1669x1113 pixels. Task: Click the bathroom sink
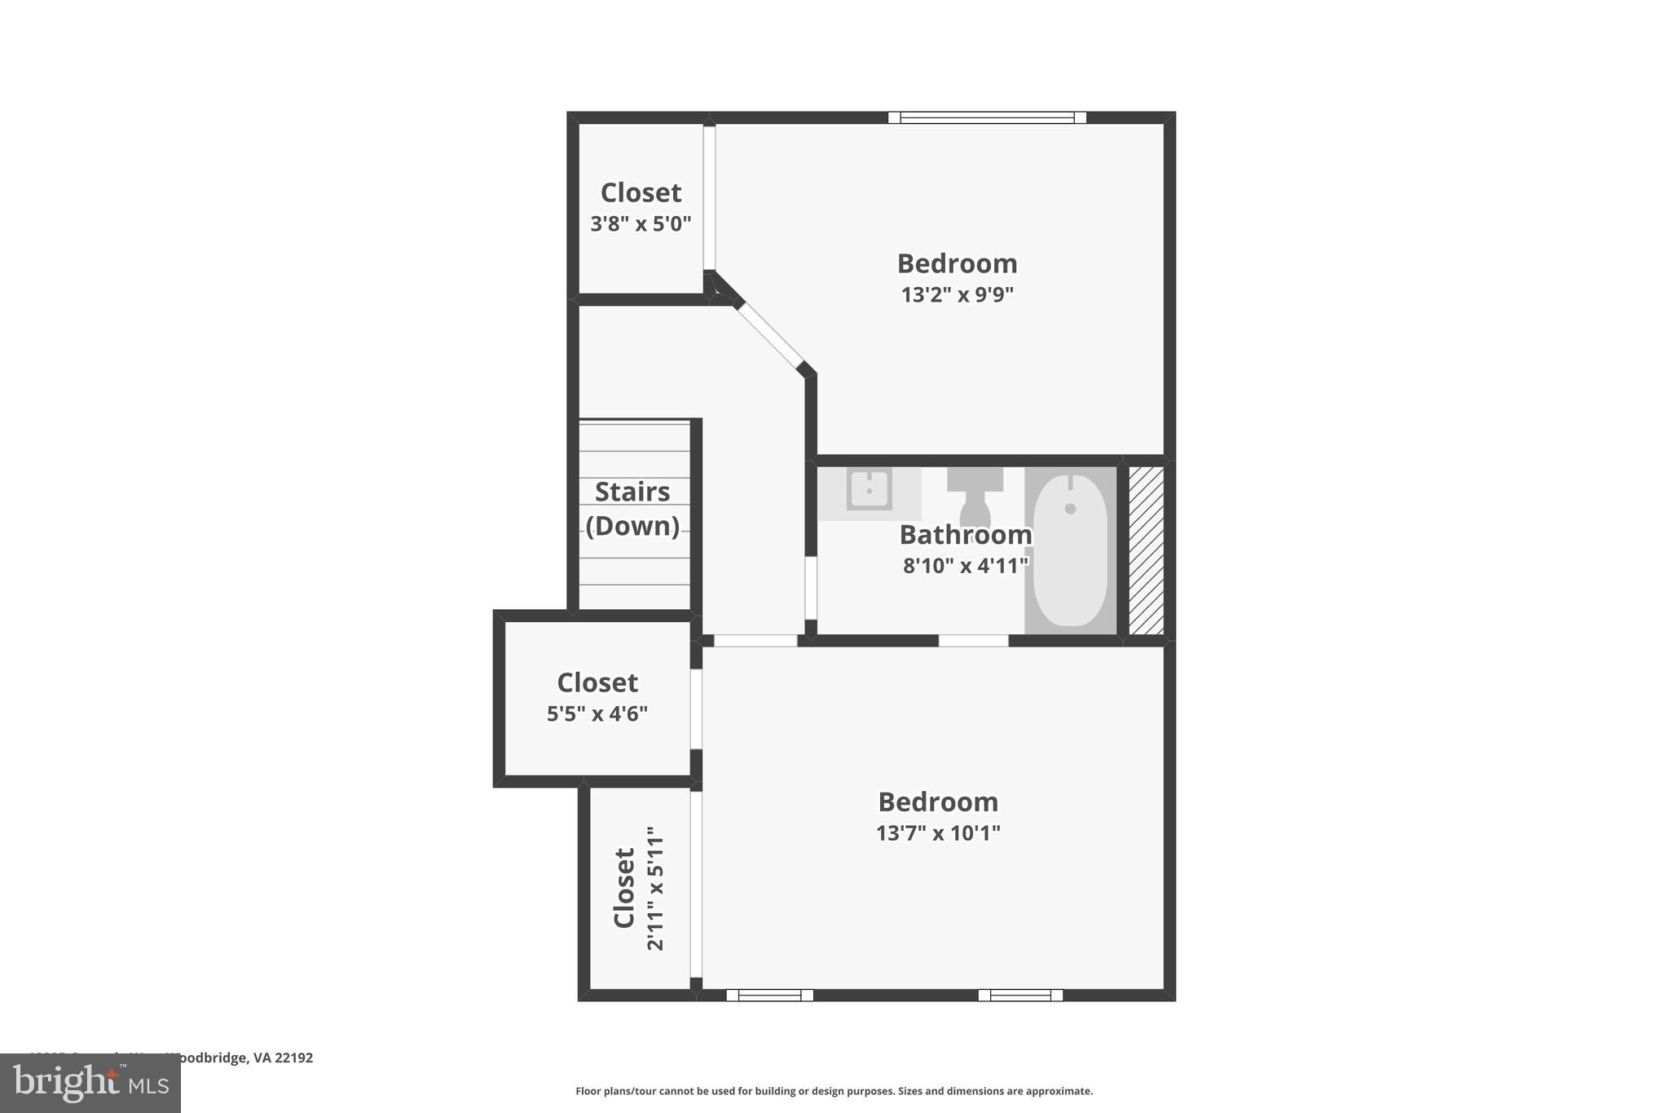click(x=869, y=490)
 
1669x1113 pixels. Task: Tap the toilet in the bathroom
click(x=975, y=497)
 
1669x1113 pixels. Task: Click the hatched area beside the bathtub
click(x=1146, y=550)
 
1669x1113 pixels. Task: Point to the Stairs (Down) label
click(x=632, y=509)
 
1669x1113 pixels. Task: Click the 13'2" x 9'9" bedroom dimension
click(x=957, y=294)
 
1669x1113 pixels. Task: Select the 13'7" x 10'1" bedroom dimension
click(x=938, y=833)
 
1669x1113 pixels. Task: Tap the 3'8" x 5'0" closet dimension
click(x=641, y=223)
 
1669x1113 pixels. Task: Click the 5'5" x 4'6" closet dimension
click(x=597, y=713)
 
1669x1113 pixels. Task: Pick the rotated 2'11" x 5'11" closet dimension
click(x=655, y=889)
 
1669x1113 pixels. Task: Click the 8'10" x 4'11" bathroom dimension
click(x=966, y=565)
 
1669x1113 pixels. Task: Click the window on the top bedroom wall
click(x=987, y=117)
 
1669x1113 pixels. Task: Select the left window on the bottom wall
click(x=769, y=995)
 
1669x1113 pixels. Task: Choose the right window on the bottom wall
click(x=1020, y=995)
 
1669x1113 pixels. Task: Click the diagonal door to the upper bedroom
click(x=770, y=335)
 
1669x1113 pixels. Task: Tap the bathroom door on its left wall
click(x=811, y=587)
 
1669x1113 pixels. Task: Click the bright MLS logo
click(x=90, y=1083)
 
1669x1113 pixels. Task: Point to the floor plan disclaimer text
click(x=834, y=1091)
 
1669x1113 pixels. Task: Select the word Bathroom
click(x=966, y=535)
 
